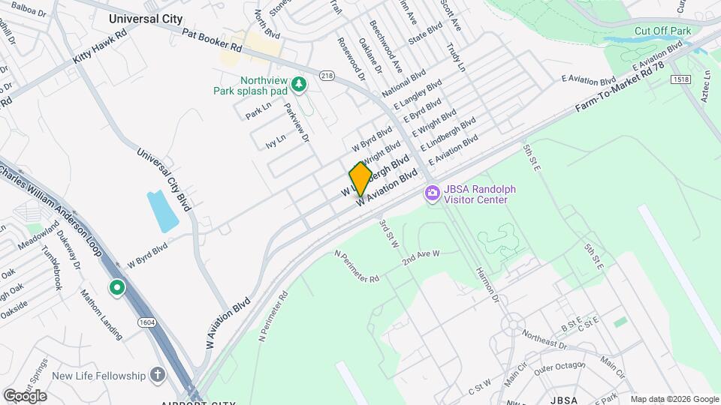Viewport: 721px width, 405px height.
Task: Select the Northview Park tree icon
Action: tap(300, 85)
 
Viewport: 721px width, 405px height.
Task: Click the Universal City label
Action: tap(145, 18)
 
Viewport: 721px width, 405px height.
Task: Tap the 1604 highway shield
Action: tap(147, 322)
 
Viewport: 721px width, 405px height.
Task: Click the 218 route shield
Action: tap(327, 76)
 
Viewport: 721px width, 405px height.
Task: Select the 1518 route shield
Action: tap(681, 79)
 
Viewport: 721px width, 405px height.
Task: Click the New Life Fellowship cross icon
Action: tap(158, 374)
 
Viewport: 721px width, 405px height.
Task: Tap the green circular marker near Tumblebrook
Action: tap(116, 287)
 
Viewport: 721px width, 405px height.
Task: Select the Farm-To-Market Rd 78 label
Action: tap(620, 88)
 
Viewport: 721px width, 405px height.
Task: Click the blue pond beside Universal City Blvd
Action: tap(163, 211)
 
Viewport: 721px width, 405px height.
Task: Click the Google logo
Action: tap(25, 395)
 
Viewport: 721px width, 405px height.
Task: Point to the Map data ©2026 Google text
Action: tap(674, 399)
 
